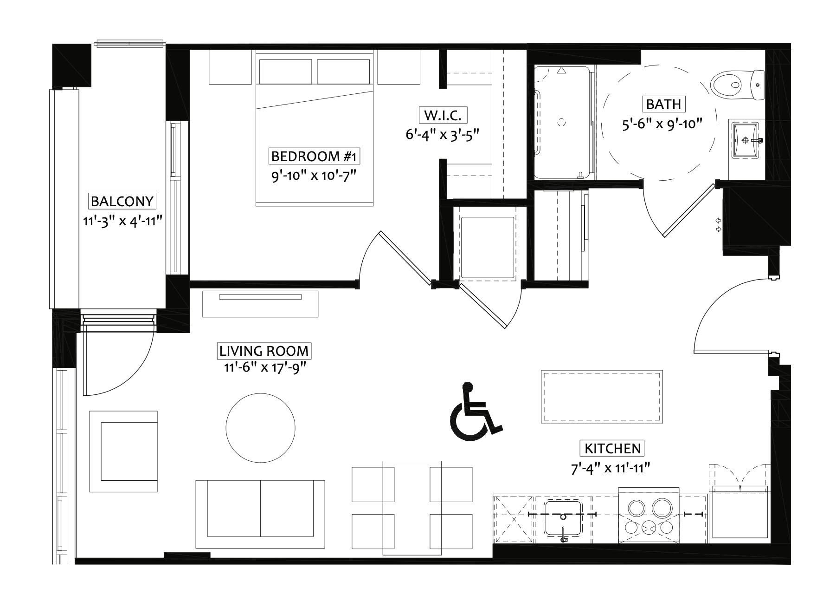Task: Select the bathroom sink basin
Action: click(746, 139)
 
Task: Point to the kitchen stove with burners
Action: click(649, 516)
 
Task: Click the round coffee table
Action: click(260, 428)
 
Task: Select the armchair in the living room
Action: click(123, 451)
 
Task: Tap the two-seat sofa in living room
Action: click(260, 514)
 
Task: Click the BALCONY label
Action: click(122, 201)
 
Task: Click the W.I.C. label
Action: click(443, 115)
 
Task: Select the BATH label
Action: click(663, 104)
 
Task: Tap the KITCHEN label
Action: click(612, 448)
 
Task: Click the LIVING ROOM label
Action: click(264, 351)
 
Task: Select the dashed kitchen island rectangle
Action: click(602, 396)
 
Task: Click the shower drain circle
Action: click(561, 122)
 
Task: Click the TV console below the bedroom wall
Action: click(260, 304)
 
